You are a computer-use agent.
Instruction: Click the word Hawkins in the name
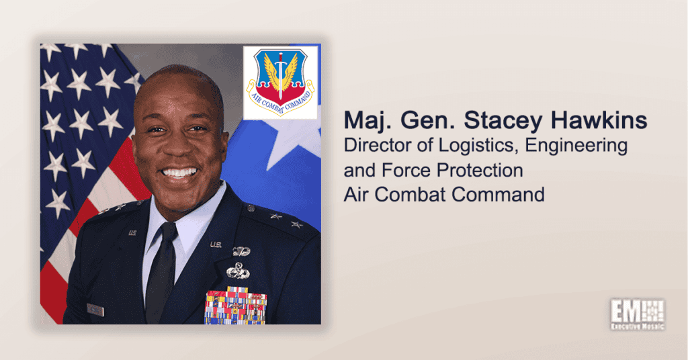click(599, 120)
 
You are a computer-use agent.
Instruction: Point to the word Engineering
click(576, 146)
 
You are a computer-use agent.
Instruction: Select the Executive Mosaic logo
click(638, 314)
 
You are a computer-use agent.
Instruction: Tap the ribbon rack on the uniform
click(236, 306)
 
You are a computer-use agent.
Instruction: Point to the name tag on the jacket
click(95, 310)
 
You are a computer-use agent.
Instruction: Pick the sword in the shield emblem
click(280, 75)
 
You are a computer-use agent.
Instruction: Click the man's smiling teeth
click(179, 173)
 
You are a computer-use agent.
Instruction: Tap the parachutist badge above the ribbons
click(241, 251)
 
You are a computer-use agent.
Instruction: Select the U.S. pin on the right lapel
click(216, 244)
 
